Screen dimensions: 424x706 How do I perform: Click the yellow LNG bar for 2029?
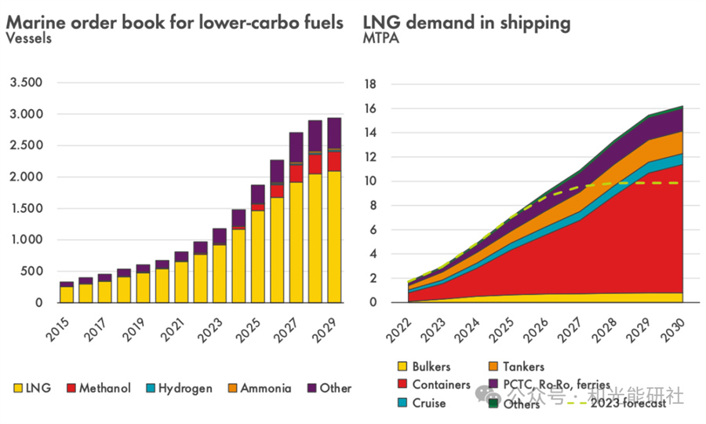click(333, 236)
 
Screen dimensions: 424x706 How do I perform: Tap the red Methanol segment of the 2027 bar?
click(296, 173)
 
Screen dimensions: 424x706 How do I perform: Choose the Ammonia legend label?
click(265, 388)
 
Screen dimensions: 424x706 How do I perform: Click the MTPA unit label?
click(380, 38)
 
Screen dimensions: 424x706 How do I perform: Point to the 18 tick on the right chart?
click(372, 84)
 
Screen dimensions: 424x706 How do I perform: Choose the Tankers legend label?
click(522, 367)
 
